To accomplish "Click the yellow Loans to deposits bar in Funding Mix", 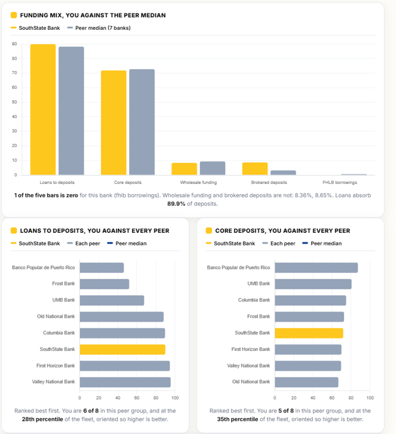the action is (x=43, y=109).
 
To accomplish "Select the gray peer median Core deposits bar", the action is (x=142, y=122).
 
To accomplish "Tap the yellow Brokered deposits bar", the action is (x=254, y=169).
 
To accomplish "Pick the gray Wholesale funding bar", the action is (x=213, y=168).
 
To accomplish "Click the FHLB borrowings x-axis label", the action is (x=340, y=182).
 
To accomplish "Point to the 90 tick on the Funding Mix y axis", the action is (x=15, y=44).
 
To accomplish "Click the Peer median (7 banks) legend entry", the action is (x=99, y=28).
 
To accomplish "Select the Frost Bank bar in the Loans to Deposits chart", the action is (x=105, y=284).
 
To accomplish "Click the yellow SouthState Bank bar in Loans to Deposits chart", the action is (x=122, y=350).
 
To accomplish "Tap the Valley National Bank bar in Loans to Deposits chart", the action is (x=125, y=382).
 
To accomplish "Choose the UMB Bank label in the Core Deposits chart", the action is (x=259, y=284).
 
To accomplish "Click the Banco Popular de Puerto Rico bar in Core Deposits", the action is (x=316, y=268).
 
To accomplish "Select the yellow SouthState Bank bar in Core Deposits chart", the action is (x=309, y=333).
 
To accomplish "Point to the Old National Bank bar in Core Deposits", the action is (x=307, y=382).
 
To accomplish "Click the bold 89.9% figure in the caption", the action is (x=176, y=204).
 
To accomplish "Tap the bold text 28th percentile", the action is (x=43, y=419).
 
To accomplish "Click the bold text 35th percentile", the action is (x=237, y=419).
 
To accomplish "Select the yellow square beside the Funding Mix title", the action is (x=13, y=15).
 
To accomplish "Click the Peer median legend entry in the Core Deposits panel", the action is (x=322, y=244).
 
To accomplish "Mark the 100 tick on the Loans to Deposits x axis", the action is (x=175, y=398).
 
